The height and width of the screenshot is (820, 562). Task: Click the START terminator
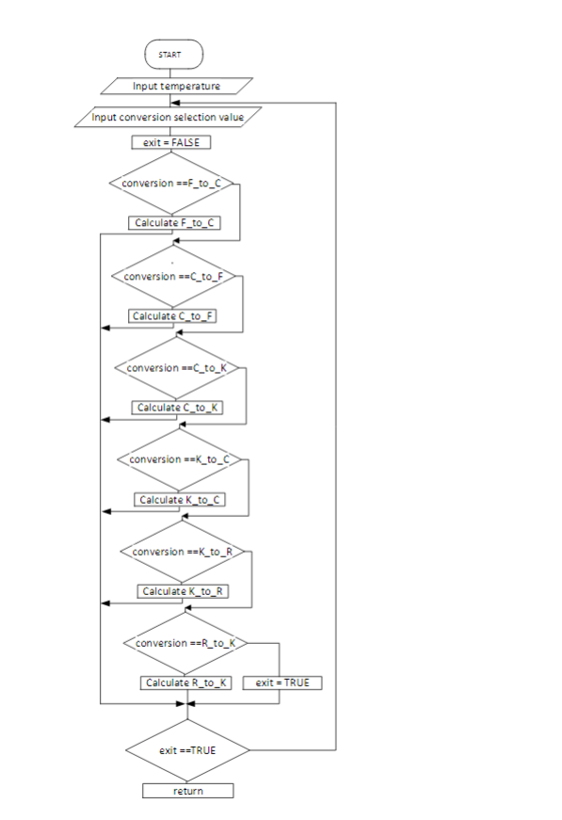(x=175, y=55)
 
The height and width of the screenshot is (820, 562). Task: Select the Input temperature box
(x=176, y=86)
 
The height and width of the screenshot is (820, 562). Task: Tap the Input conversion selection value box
(x=166, y=118)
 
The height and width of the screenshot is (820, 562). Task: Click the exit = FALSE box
(x=170, y=143)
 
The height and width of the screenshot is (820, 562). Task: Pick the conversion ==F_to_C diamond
(x=171, y=184)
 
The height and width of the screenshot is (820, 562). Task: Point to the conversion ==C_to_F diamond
(x=175, y=277)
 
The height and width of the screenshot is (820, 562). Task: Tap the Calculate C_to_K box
(x=178, y=408)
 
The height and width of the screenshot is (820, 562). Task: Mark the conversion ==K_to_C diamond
(x=180, y=459)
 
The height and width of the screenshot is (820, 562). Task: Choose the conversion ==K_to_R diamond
(x=183, y=551)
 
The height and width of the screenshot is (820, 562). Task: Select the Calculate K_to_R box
(x=184, y=590)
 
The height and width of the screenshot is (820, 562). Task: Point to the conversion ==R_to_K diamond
(x=185, y=642)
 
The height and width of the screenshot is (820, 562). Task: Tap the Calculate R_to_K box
(x=185, y=683)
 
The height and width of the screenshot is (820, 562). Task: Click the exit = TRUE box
(x=282, y=683)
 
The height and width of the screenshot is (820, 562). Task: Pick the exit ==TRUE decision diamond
(x=187, y=749)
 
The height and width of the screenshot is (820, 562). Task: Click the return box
(x=187, y=791)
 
